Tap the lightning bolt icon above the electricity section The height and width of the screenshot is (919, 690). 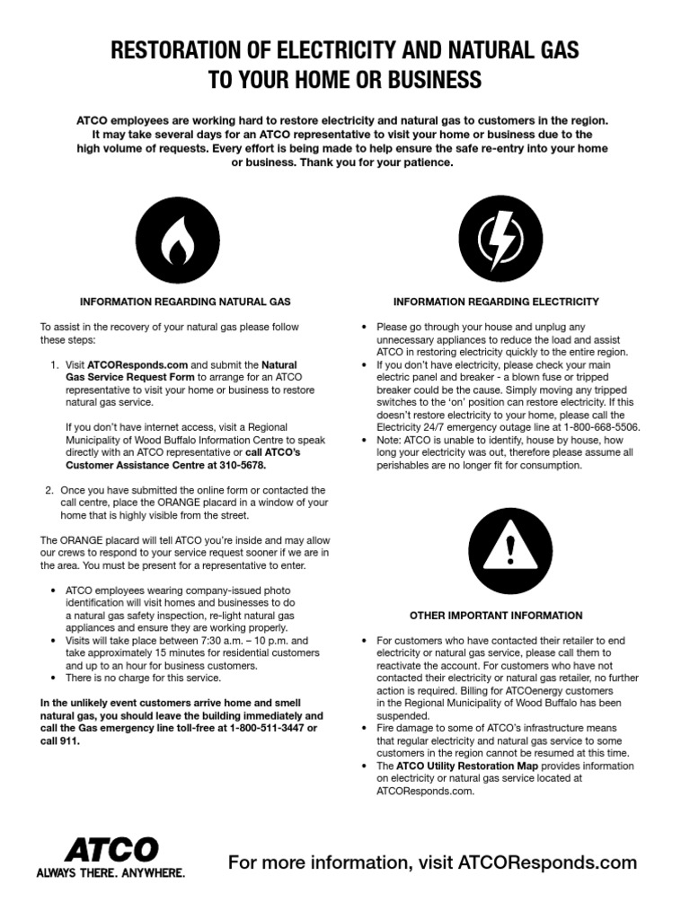pos(496,236)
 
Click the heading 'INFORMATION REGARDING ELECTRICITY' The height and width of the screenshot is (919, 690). pos(496,302)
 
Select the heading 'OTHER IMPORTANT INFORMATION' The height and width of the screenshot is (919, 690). pos(496,616)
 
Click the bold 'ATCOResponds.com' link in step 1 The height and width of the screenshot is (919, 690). pos(137,366)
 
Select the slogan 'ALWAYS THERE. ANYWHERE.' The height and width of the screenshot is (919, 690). pos(111,872)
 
